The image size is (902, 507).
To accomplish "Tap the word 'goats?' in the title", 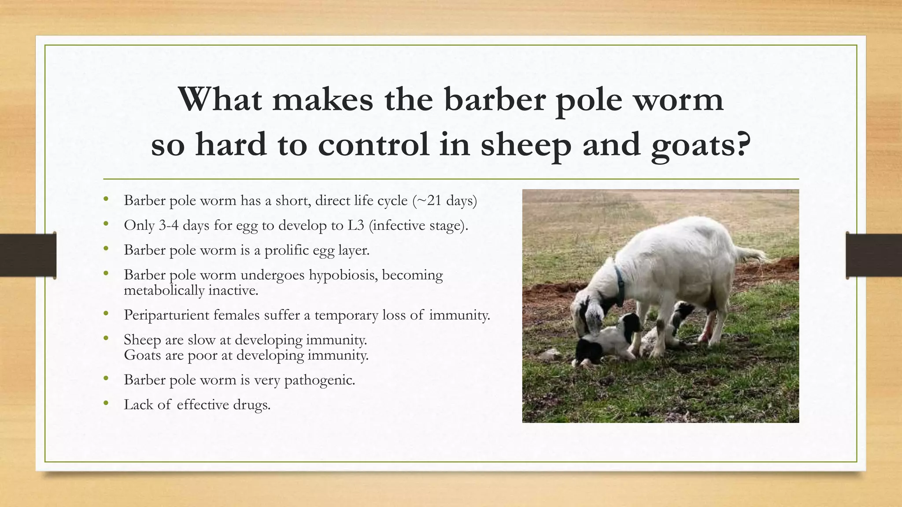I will (x=701, y=145).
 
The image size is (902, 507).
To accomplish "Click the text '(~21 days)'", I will (x=444, y=201).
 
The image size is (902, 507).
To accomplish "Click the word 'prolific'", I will (x=287, y=250).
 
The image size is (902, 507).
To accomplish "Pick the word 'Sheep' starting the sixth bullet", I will (x=142, y=340).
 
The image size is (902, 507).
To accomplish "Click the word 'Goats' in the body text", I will (x=142, y=355).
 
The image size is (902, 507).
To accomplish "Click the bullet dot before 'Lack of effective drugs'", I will (x=106, y=403).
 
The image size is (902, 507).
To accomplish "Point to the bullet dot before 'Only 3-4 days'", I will (x=106, y=224).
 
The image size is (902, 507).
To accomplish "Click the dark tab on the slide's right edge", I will (x=874, y=255).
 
